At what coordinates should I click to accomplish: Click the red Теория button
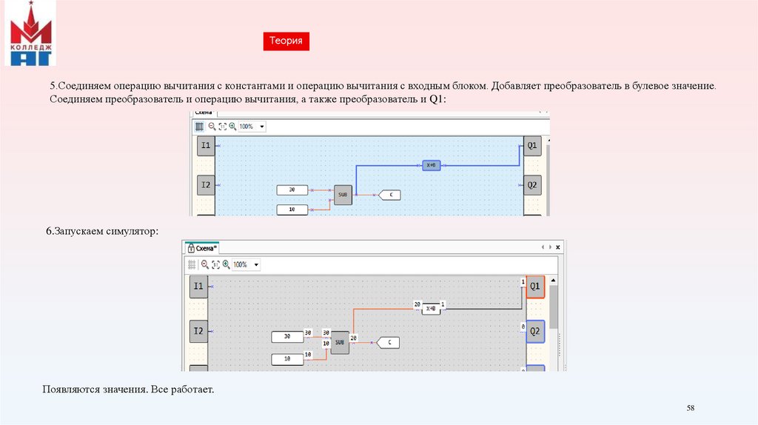(x=286, y=41)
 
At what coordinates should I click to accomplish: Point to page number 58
(x=691, y=409)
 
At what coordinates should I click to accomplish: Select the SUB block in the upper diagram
(x=343, y=195)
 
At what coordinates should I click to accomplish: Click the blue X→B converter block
(x=432, y=166)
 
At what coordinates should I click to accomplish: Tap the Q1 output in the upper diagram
(x=532, y=146)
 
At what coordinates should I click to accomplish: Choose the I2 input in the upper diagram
(x=206, y=184)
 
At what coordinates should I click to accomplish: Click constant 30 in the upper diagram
(x=292, y=190)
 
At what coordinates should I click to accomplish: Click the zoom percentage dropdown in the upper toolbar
(x=252, y=127)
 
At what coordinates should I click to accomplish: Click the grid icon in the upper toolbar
(x=199, y=127)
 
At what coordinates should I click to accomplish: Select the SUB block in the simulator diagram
(x=340, y=342)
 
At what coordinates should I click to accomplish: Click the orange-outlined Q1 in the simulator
(x=535, y=286)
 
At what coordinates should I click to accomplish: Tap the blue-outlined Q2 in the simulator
(x=535, y=332)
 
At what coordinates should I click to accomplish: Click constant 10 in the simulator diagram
(x=287, y=359)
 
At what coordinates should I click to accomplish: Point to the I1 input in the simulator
(x=198, y=286)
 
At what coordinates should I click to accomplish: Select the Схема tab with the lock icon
(x=201, y=249)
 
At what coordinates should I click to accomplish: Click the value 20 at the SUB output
(x=354, y=338)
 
